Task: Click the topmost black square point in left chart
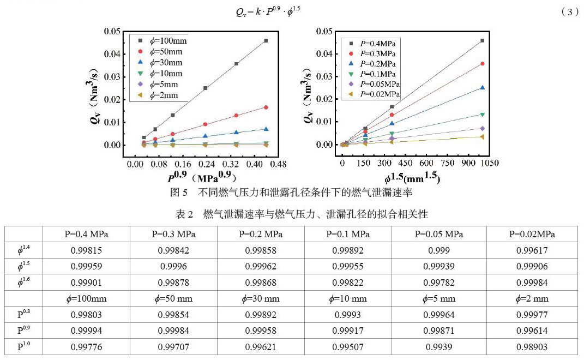(x=266, y=40)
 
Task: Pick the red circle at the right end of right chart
(x=482, y=64)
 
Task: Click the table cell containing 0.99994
(x=86, y=330)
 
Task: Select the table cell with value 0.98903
(x=532, y=346)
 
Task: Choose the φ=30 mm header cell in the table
(x=260, y=298)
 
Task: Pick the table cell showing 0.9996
(x=173, y=267)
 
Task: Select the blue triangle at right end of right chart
(x=482, y=87)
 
